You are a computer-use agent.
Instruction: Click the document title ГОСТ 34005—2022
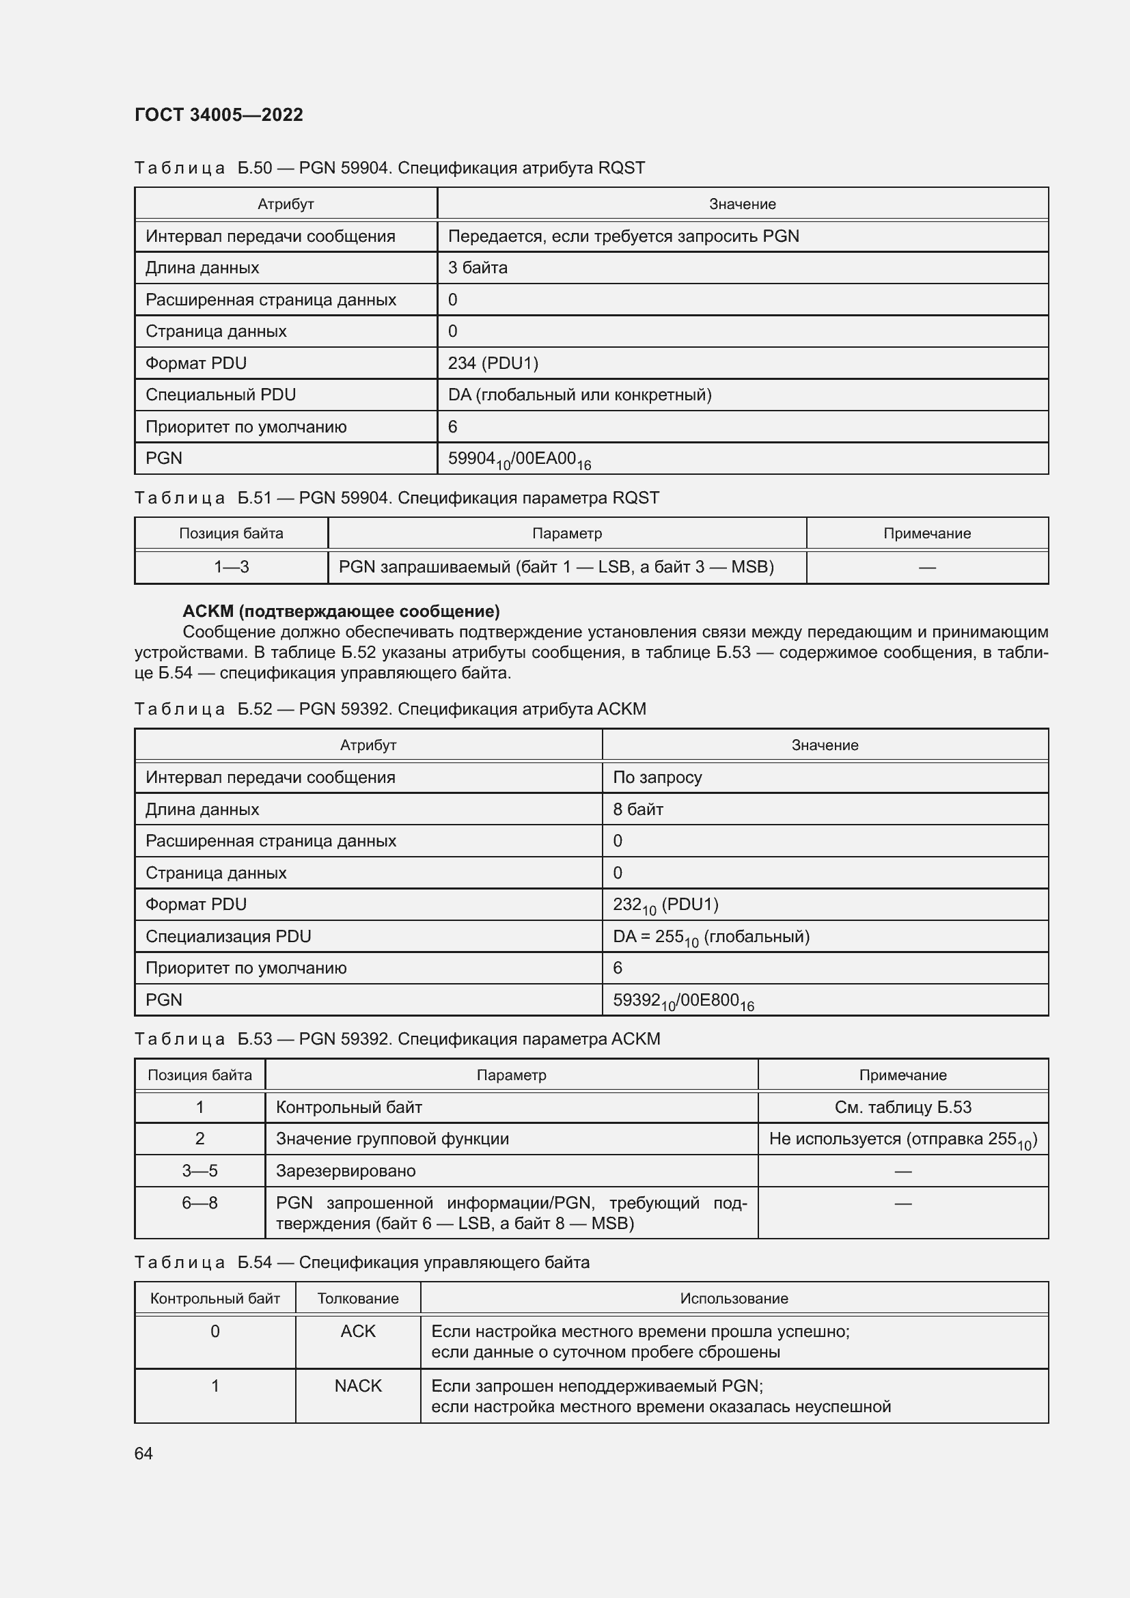pyautogui.click(x=219, y=115)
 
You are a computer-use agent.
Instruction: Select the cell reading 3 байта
pyautogui.click(x=478, y=268)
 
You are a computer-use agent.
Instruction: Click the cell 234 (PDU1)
pyautogui.click(x=493, y=363)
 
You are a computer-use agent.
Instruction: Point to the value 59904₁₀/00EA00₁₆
pyautogui.click(x=519, y=459)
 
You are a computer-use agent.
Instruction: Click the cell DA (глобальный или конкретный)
pyautogui.click(x=579, y=395)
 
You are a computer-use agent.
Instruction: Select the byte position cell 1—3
pyautogui.click(x=231, y=566)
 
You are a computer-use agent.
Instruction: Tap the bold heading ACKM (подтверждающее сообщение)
pyautogui.click(x=341, y=611)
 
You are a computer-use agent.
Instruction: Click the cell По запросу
pyautogui.click(x=657, y=777)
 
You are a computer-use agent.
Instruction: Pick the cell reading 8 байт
pyautogui.click(x=637, y=810)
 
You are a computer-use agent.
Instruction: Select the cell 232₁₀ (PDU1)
pyautogui.click(x=665, y=905)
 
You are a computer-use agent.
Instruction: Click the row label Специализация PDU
pyautogui.click(x=228, y=936)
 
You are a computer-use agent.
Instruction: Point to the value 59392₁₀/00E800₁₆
pyautogui.click(x=683, y=1001)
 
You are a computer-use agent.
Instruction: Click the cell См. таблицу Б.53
pyautogui.click(x=902, y=1107)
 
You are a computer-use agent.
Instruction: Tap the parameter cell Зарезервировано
pyautogui.click(x=346, y=1171)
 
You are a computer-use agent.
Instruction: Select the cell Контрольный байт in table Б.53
pyautogui.click(x=348, y=1107)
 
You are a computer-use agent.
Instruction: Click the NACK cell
pyautogui.click(x=357, y=1386)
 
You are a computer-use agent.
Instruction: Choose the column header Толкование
pyautogui.click(x=357, y=1298)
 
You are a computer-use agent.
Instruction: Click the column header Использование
pyautogui.click(x=733, y=1298)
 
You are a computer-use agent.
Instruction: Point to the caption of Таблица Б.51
pyautogui.click(x=397, y=497)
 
